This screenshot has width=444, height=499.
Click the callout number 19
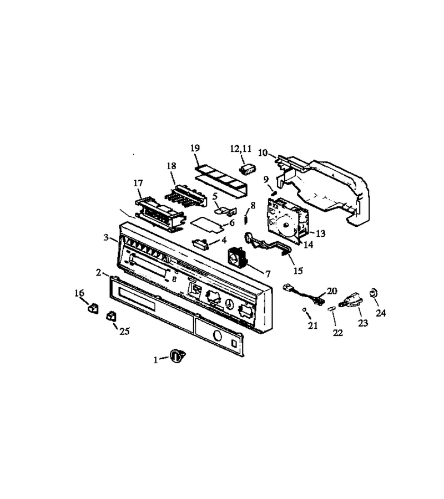(x=195, y=148)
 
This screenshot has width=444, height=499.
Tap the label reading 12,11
(x=241, y=149)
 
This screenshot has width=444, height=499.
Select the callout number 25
(x=124, y=332)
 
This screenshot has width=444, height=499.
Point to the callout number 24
(x=381, y=313)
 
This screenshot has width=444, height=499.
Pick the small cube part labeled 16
(x=93, y=308)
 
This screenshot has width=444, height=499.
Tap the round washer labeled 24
(x=372, y=293)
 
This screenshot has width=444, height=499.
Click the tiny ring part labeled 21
(x=305, y=309)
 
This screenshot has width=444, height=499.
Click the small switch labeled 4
(x=200, y=243)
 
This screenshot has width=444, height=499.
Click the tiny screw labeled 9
(x=273, y=193)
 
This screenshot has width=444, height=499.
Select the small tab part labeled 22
(x=332, y=308)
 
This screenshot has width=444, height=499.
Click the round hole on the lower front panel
(x=217, y=335)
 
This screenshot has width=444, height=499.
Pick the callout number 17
(x=138, y=183)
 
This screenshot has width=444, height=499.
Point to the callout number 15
(x=298, y=271)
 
